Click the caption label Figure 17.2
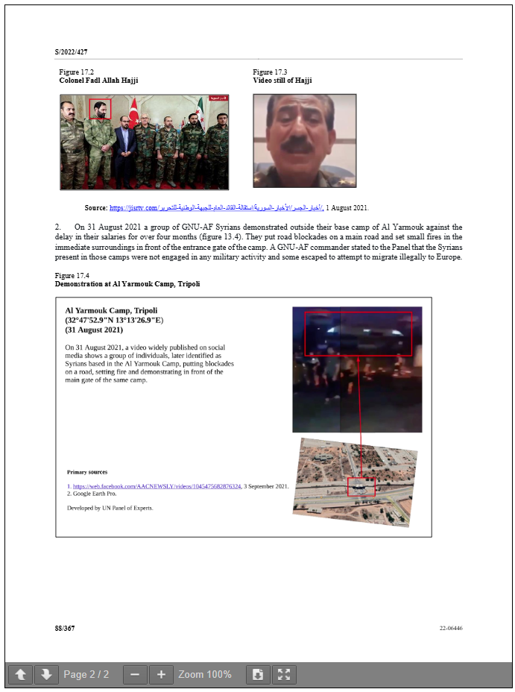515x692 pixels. click(x=76, y=72)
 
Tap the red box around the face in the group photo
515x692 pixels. click(x=100, y=109)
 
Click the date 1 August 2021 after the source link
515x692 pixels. click(x=347, y=208)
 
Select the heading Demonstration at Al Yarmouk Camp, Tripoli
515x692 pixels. click(x=127, y=284)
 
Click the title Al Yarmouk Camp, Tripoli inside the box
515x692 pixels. click(x=111, y=310)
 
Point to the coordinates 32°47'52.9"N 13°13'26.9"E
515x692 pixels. click(x=114, y=320)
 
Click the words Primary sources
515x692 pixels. click(x=86, y=472)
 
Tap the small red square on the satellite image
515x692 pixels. click(x=361, y=486)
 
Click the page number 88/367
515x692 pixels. click(x=65, y=628)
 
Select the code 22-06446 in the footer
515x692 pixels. click(x=451, y=628)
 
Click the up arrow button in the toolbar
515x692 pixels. click(x=21, y=675)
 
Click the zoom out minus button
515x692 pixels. click(x=134, y=675)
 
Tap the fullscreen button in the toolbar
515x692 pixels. click(x=284, y=675)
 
